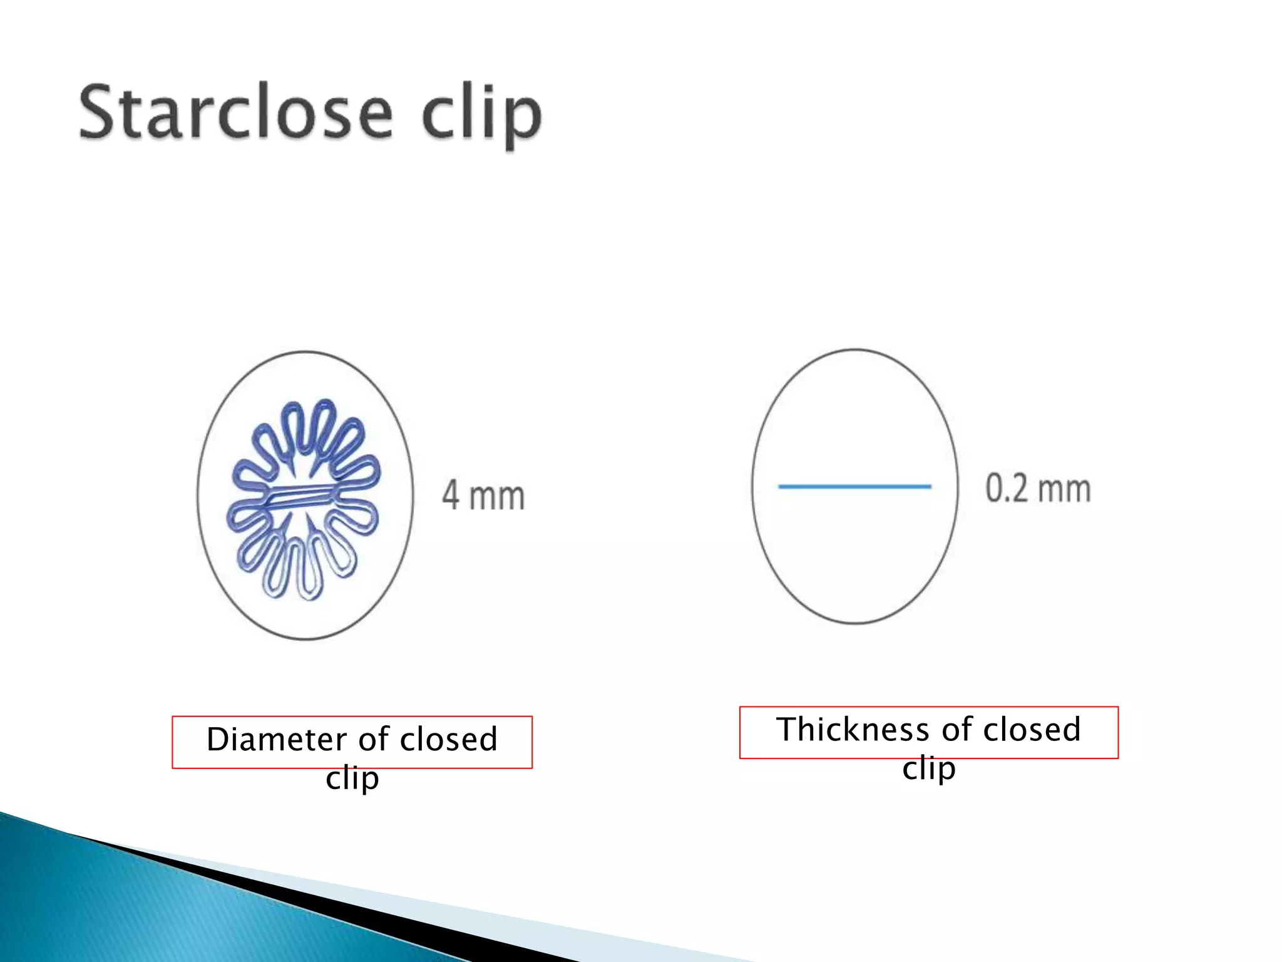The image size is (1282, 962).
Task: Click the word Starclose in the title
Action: point(236,113)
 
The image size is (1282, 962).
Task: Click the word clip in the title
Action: point(481,116)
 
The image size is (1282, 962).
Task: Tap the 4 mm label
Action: point(483,495)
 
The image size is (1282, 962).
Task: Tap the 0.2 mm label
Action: point(1038,489)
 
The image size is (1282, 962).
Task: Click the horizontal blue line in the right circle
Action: point(854,486)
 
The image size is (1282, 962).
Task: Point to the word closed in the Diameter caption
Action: point(448,739)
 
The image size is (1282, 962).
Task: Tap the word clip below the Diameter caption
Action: point(352,778)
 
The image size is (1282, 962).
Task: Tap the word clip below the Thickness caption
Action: point(928,768)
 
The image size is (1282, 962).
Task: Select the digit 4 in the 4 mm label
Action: point(451,495)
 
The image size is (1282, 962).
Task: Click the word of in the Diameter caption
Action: point(374,739)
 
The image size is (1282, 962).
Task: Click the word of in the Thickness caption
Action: point(956,730)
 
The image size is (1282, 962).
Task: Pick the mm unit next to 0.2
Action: point(1064,490)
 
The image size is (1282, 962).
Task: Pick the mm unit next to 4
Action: point(497,497)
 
